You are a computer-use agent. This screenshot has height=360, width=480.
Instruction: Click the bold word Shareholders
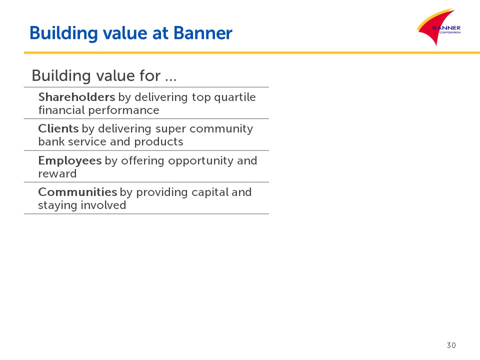coord(76,97)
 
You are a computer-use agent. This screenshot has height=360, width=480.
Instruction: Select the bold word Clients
coord(58,128)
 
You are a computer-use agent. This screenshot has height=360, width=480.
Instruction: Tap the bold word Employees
coord(70,160)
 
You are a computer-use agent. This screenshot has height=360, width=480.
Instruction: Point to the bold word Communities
coord(77,192)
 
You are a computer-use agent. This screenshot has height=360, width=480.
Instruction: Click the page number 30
coord(451,345)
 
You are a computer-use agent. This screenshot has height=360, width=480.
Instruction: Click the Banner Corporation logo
coord(439,27)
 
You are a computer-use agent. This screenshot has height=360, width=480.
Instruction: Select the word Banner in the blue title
coord(203,33)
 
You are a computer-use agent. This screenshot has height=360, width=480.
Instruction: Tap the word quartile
coord(235,97)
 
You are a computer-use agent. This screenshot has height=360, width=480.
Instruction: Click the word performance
coord(124,110)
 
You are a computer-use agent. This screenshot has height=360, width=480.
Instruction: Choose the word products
coord(158,141)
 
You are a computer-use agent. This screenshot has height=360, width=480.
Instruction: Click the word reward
coord(57,173)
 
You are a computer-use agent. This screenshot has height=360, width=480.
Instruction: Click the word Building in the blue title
coord(63,33)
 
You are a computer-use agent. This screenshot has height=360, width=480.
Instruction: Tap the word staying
coord(57,205)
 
